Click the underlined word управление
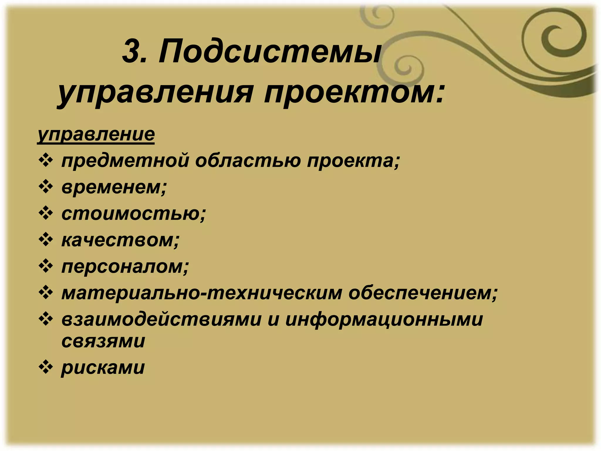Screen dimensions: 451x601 pos(96,134)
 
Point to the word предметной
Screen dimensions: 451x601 pos(125,161)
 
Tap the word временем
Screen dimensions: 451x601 pos(114,187)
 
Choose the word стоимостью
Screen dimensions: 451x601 pos(134,213)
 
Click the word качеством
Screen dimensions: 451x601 pos(120,240)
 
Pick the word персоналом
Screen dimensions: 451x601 pos(125,266)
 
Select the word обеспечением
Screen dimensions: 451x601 pos(423,293)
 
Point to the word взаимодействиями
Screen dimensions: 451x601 pos(161,319)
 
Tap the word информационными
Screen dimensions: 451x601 pos(384,319)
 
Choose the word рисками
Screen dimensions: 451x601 pos(103,367)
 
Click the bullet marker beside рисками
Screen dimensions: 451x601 pos(46,367)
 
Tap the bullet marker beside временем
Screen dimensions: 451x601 pos(46,187)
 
